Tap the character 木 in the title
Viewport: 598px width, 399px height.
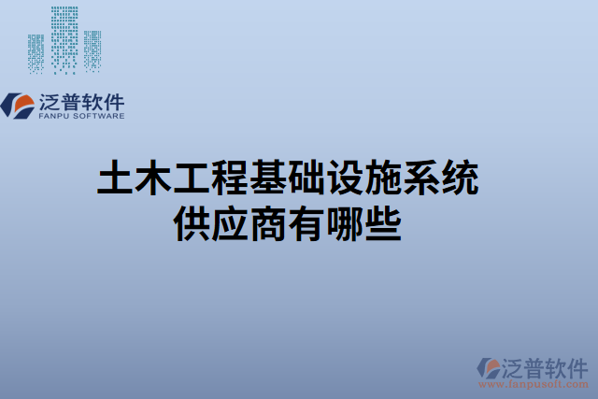point(155,178)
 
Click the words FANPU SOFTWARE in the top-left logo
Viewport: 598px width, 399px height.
point(83,116)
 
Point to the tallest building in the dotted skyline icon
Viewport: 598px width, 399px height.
point(64,37)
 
